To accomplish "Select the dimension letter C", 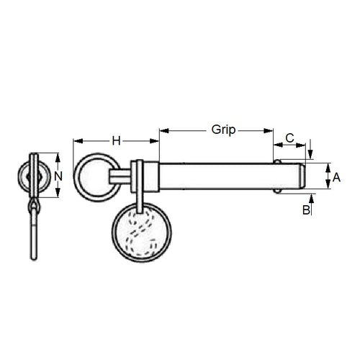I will tap(290, 137).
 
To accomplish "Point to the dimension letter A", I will tap(336, 175).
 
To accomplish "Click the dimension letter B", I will tap(306, 210).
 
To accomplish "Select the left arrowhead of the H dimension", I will tap(77, 141).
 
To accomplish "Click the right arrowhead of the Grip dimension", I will tap(270, 131).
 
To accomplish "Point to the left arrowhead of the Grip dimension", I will tap(163, 131).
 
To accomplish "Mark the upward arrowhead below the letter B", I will tap(311, 197).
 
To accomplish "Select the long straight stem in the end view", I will tap(33, 238).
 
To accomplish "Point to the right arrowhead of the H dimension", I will tap(154, 141).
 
